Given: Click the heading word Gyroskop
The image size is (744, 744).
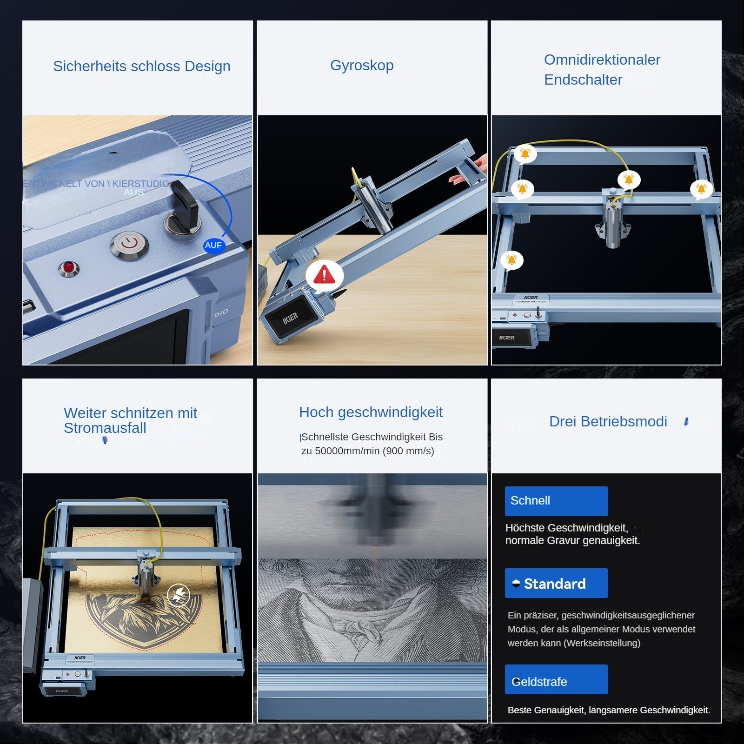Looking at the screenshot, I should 362,66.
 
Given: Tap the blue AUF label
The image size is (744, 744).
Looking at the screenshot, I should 213,245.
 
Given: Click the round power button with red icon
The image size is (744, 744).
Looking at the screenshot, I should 130,243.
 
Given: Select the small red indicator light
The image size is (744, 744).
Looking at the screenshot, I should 68,267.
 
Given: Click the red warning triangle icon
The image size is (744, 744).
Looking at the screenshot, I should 324,275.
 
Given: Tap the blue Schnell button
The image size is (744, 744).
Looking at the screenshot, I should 556,501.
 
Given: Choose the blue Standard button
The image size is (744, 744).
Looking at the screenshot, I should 556,583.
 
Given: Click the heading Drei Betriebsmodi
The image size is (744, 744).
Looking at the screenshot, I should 608,421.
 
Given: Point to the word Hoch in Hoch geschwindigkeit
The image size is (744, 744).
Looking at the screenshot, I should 316,412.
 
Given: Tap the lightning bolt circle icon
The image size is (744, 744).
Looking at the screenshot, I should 179,594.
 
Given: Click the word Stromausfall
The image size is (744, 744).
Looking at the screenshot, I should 105,428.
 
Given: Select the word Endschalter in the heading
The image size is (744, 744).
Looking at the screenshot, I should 583,80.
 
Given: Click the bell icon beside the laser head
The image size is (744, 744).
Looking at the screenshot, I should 629,179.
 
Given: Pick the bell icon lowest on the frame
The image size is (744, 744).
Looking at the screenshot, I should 511,259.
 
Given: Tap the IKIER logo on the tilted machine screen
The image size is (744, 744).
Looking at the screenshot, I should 291,318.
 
